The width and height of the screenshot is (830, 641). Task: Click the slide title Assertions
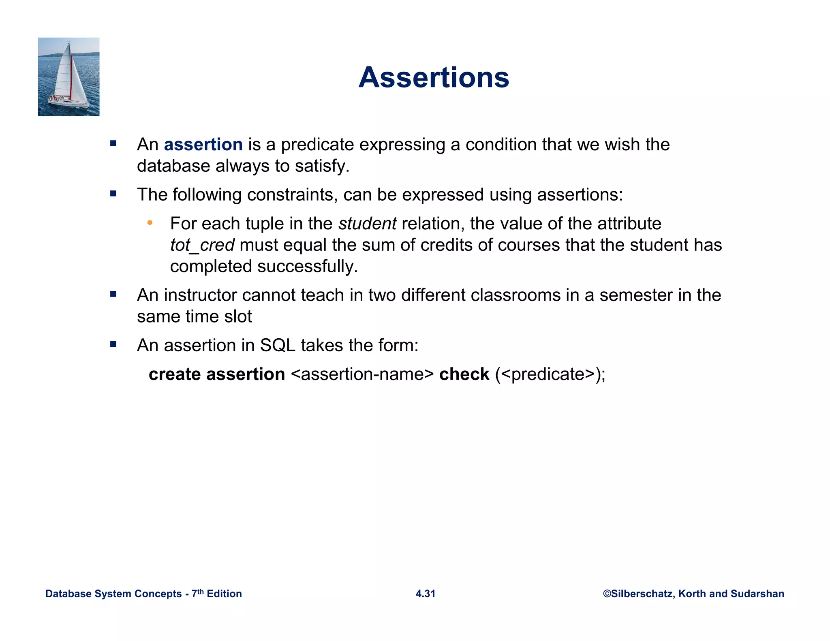click(434, 77)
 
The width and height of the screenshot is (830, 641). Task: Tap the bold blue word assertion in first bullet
click(203, 145)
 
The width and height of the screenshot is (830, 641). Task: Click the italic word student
click(367, 224)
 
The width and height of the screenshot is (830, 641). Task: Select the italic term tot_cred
click(202, 245)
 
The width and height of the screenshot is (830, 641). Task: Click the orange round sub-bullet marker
click(150, 222)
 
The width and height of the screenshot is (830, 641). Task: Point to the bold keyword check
click(464, 374)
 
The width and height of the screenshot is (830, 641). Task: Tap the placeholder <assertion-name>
click(362, 374)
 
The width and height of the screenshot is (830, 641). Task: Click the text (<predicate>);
click(550, 374)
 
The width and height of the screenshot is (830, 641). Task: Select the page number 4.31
click(425, 594)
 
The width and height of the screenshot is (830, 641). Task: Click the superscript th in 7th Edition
click(200, 591)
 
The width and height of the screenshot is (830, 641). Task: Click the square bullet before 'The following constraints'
click(113, 194)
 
